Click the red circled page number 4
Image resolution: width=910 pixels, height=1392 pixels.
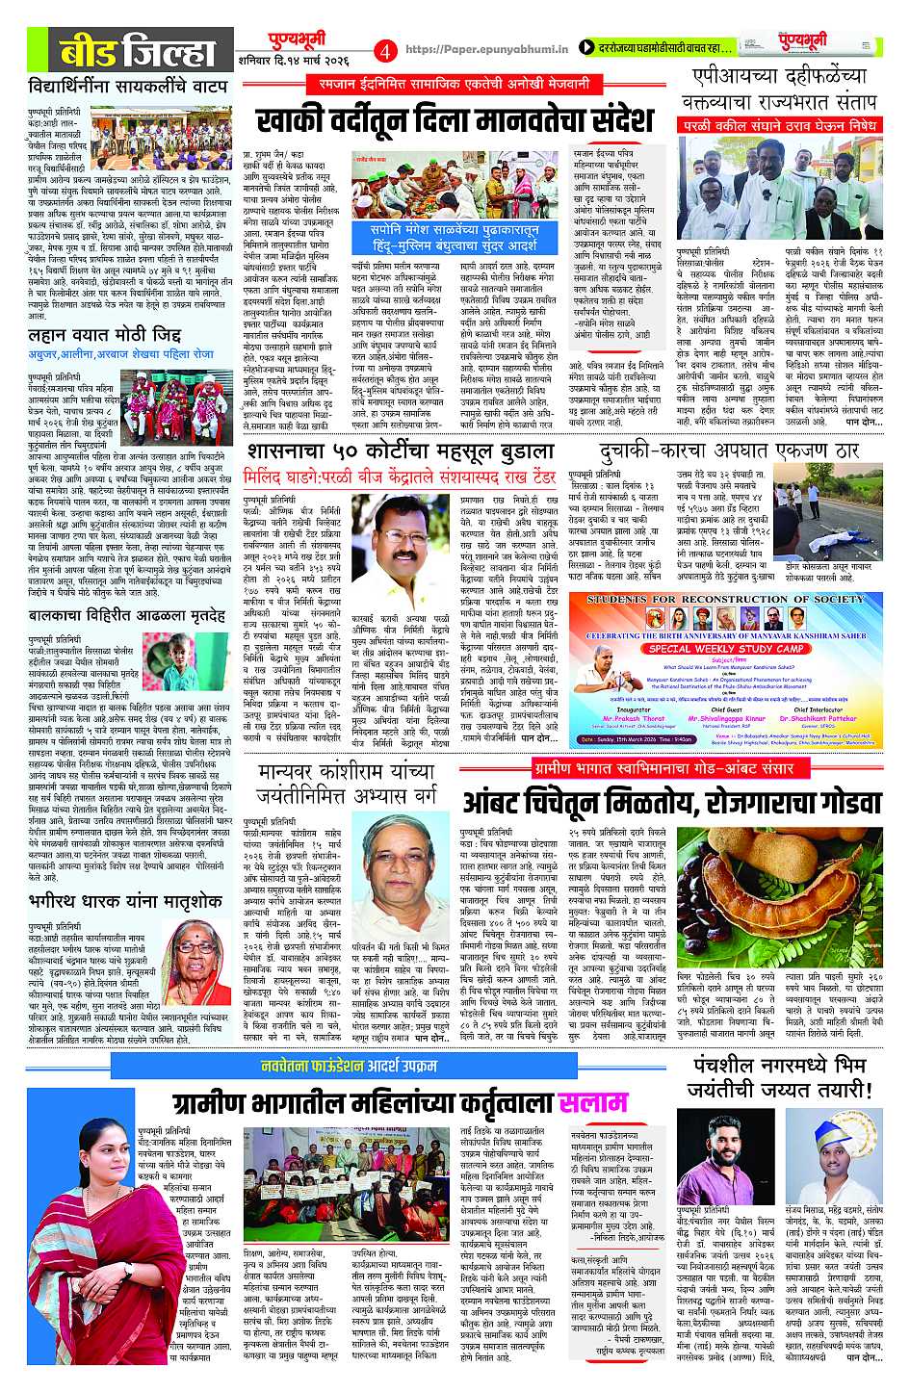click(385, 49)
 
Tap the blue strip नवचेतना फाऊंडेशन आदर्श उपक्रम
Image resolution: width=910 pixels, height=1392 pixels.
click(350, 1066)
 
